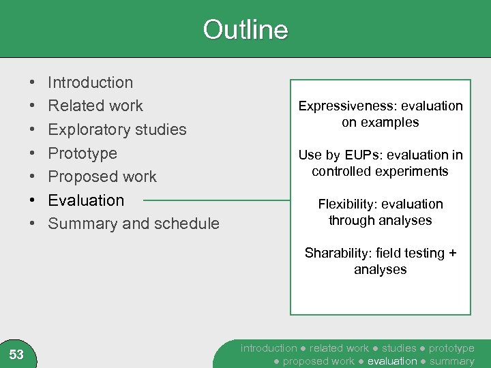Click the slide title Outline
pyautogui.click(x=245, y=30)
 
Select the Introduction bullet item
pyautogui.click(x=90, y=82)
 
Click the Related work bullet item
pyautogui.click(x=95, y=106)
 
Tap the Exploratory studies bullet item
pyautogui.click(x=117, y=129)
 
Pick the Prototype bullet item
pyautogui.click(x=82, y=153)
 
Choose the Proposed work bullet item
pyautogui.click(x=102, y=177)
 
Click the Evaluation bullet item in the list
pyautogui.click(x=86, y=200)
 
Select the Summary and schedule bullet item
pyautogui.click(x=134, y=224)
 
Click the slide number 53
pyautogui.click(x=16, y=354)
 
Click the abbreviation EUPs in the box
pyautogui.click(x=361, y=155)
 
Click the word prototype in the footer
pyautogui.click(x=451, y=348)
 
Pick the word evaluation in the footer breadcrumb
pyautogui.click(x=391, y=361)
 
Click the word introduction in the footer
pyautogui.click(x=269, y=348)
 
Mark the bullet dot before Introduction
pyautogui.click(x=33, y=82)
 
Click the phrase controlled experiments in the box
pyautogui.click(x=380, y=172)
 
